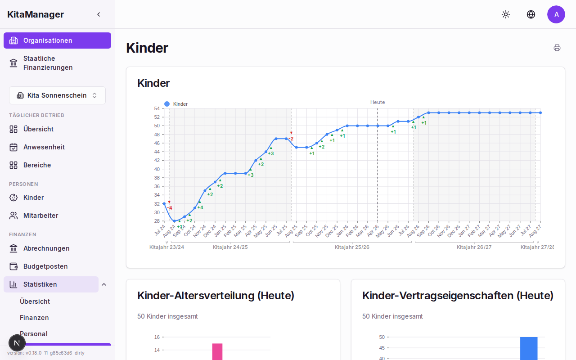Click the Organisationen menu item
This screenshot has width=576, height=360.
pos(57,40)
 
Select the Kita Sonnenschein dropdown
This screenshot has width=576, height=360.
pos(57,95)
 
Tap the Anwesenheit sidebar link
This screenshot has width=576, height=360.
pos(44,147)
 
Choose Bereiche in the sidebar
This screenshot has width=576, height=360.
pos(37,165)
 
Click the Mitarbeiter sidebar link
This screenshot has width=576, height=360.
pos(40,216)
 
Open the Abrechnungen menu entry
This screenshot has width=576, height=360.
pos(46,248)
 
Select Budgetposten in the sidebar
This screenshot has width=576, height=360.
pos(45,266)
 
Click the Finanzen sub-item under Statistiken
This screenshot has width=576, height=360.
pos(34,318)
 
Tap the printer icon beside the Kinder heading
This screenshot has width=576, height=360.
pos(557,48)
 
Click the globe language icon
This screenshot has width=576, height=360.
pos(531,14)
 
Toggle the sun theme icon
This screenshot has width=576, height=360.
pos(506,14)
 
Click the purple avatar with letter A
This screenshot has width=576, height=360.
pos(556,14)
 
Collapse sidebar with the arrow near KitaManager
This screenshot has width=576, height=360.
pos(99,14)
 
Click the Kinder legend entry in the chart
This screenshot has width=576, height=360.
pos(176,104)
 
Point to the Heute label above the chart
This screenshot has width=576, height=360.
pos(378,102)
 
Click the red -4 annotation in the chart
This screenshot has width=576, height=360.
pos(170,208)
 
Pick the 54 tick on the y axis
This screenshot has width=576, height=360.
pos(157,108)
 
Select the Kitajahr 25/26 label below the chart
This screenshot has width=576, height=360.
pos(352,247)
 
